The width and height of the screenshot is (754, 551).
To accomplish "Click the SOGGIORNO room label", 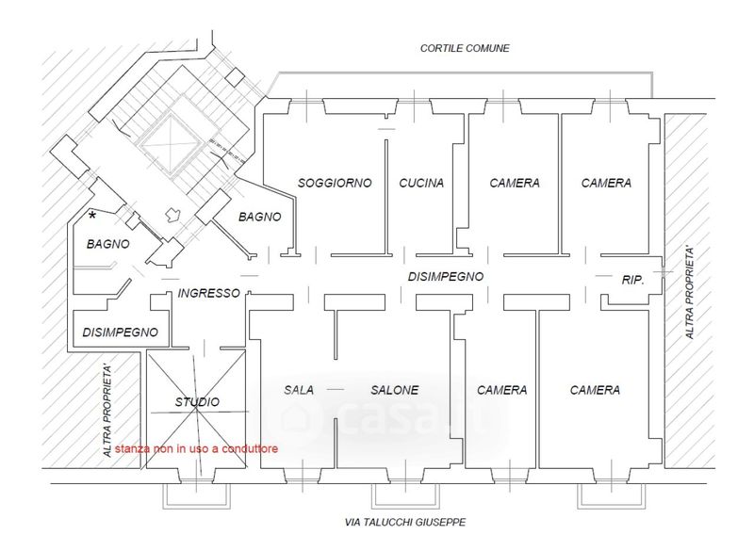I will tap(335, 183).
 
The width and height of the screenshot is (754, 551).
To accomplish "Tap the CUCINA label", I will tap(421, 183).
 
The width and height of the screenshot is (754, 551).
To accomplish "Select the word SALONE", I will tap(394, 390).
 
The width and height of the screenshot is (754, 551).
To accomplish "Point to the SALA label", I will tap(299, 390).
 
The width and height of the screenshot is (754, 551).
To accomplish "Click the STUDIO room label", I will tap(198, 402).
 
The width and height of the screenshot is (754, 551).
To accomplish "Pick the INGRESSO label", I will tap(209, 293).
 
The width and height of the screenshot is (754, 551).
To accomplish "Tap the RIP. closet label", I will tap(632, 280).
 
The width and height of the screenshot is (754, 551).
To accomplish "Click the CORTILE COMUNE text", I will tap(465, 47).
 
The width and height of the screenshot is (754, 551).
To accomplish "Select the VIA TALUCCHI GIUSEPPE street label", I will tap(405, 522).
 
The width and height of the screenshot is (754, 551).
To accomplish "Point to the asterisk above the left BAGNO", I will tap(92, 217).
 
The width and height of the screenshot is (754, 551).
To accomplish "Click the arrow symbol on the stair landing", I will tap(172, 215).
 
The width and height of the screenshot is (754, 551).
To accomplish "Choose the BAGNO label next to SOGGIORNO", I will tap(259, 217).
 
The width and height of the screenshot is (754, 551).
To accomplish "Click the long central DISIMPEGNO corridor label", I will tap(446, 277).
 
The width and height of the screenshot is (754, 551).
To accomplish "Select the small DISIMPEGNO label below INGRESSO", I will tap(120, 332).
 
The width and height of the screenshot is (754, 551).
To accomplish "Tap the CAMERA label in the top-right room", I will tap(606, 183).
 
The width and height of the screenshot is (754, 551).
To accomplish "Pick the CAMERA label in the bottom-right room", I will tap(595, 390).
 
